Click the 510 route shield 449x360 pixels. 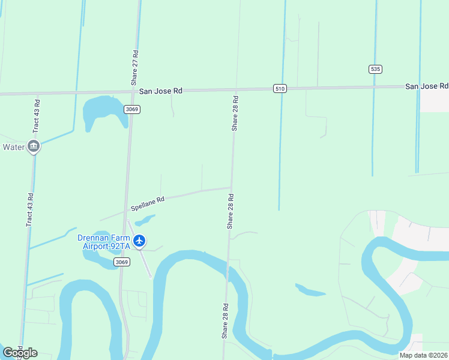pyautogui.click(x=280, y=88)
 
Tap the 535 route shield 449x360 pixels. pyautogui.click(x=375, y=69)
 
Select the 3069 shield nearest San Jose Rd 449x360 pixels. pyautogui.click(x=132, y=109)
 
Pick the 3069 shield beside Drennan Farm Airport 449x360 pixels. pyautogui.click(x=122, y=262)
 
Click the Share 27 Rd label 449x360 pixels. pyautogui.click(x=136, y=67)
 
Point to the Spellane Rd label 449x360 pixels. pyautogui.click(x=148, y=204)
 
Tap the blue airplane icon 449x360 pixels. pyautogui.click(x=140, y=241)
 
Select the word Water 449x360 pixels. pyautogui.click(x=14, y=147)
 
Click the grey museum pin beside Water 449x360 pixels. pyautogui.click(x=34, y=146)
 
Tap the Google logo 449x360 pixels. pyautogui.click(x=20, y=353)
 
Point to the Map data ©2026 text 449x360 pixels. pyautogui.click(x=424, y=355)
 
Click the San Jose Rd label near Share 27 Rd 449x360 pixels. pyautogui.click(x=160, y=91)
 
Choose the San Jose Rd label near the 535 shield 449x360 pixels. pyautogui.click(x=426, y=86)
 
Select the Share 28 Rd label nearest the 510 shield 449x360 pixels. pyautogui.click(x=235, y=113)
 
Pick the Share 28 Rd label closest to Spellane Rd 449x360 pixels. pyautogui.click(x=230, y=211)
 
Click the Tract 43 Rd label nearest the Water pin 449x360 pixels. pyautogui.click(x=37, y=115)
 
